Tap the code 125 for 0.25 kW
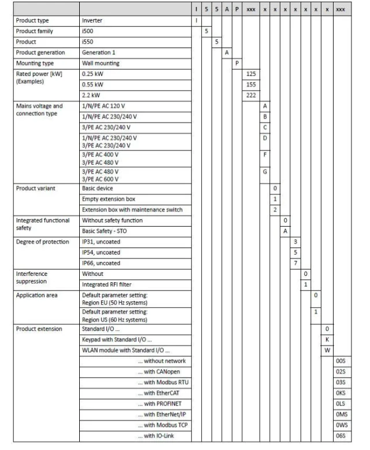[x=251, y=73]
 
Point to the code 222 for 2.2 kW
[x=251, y=95]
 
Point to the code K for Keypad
[x=327, y=339]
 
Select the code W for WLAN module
[x=327, y=350]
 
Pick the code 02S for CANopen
[x=340, y=371]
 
